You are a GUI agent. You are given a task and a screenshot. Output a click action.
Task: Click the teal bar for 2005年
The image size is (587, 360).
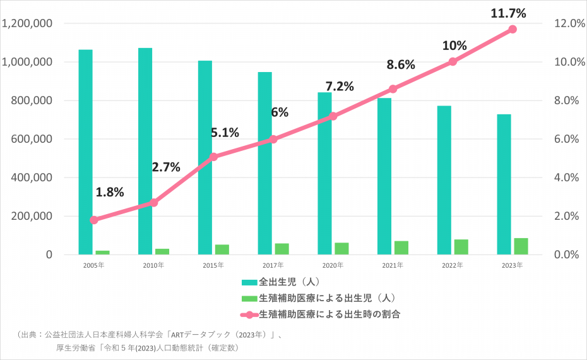(x=85, y=152)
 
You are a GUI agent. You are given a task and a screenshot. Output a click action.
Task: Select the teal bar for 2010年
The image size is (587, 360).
(x=145, y=151)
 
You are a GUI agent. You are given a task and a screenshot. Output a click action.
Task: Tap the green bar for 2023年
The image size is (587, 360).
(x=521, y=246)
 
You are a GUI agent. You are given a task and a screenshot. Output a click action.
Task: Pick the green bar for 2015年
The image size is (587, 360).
(x=222, y=249)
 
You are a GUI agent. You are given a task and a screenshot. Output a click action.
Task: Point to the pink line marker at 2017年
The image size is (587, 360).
(x=273, y=139)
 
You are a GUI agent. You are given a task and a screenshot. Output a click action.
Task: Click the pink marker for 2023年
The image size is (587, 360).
(x=513, y=29)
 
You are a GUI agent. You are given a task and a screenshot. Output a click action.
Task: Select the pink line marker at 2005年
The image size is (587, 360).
(x=94, y=220)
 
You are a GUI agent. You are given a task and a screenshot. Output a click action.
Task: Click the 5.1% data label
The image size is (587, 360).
(x=225, y=133)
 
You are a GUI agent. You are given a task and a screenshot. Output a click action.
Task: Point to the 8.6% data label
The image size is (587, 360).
(x=401, y=64)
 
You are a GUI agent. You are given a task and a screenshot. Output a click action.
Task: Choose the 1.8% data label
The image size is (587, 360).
(x=110, y=192)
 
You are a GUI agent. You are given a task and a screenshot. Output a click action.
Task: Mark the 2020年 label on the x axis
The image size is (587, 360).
(x=333, y=265)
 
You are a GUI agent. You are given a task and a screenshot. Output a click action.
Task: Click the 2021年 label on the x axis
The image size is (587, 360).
(x=393, y=265)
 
